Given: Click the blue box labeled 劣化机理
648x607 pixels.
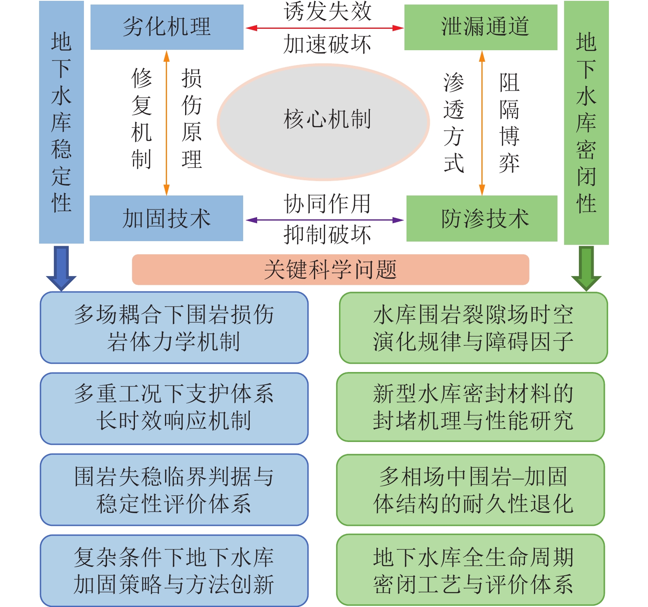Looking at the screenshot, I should (x=167, y=27).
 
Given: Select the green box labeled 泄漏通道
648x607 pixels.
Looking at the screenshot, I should (x=481, y=27).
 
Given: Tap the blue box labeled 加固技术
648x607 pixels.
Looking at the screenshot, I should (x=166, y=218).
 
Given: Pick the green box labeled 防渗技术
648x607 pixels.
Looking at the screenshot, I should (x=482, y=218).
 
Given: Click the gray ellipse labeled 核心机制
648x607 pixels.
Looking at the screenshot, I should (x=324, y=122).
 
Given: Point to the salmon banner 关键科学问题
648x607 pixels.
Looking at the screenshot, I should (x=330, y=270).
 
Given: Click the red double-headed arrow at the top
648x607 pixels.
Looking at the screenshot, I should (x=324, y=28).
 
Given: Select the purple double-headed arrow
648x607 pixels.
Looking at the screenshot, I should (x=324, y=220).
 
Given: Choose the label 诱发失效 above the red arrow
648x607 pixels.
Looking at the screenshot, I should (x=327, y=12).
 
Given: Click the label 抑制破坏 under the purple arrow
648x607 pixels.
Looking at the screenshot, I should (x=327, y=235).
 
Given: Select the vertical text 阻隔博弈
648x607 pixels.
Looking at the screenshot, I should (x=509, y=123).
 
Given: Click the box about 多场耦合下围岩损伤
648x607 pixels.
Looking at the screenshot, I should (x=174, y=328).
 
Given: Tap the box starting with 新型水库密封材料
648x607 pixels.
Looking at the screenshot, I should (x=470, y=407).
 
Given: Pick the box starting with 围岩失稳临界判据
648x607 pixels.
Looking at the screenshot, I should (x=174, y=490).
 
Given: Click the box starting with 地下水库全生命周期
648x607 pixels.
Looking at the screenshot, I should (x=470, y=570).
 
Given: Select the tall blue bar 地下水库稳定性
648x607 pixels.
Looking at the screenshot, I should (x=61, y=122).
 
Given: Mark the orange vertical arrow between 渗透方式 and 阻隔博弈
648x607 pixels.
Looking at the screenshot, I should (x=482, y=123).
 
